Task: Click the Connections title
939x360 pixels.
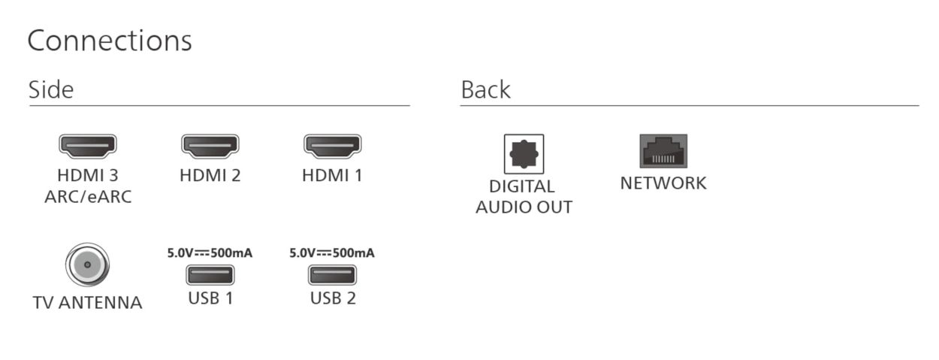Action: pos(110,41)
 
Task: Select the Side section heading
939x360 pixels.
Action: pos(51,90)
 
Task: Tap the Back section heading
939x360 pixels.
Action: pos(485,90)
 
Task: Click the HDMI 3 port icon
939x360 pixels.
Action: pos(88,146)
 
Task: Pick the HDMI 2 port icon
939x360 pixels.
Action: pos(210,146)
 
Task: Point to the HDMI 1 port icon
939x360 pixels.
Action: pos(332,146)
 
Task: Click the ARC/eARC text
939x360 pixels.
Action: pos(88,198)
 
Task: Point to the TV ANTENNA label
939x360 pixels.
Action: pos(88,303)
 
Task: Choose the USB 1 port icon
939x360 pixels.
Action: pos(210,275)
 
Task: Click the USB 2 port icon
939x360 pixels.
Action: pos(333,275)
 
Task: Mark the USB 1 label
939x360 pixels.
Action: pos(210,298)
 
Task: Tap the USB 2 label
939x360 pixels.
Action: pos(333,298)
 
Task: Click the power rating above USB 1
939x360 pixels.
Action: pos(210,253)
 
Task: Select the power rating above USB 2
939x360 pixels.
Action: pos(332,253)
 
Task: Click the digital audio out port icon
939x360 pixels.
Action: pos(524,153)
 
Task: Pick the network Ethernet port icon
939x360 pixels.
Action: pos(663,151)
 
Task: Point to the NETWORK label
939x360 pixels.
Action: pos(663,183)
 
